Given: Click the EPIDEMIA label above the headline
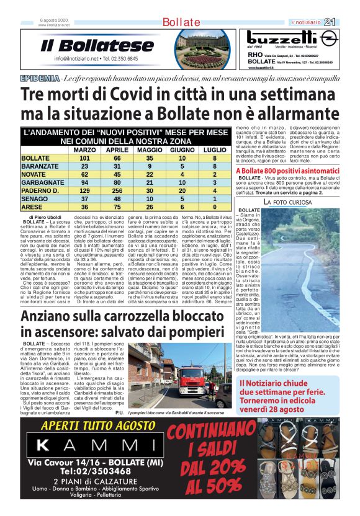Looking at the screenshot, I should [x=40, y=78].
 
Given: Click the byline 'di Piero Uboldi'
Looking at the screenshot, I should [x=43, y=217].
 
